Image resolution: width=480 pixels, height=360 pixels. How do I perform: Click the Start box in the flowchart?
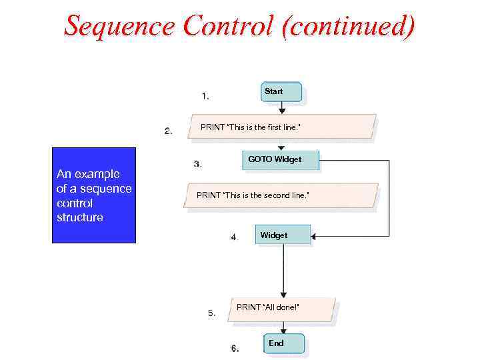coord(281,92)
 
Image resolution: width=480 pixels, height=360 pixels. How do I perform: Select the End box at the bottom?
coord(283,343)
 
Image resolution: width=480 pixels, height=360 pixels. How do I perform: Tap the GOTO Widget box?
coord(279,160)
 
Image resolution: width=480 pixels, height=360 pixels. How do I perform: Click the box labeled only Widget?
coord(283,235)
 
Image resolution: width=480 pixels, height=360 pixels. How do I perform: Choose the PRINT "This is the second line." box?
coord(281,195)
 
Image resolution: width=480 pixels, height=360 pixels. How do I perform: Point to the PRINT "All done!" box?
coord(282,308)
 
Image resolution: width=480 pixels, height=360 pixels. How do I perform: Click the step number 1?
coord(205,96)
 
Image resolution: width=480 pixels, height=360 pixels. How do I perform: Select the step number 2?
coord(169,131)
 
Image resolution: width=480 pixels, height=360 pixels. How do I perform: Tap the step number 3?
coord(198,164)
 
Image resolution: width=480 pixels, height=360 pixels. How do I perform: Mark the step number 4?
coord(235,237)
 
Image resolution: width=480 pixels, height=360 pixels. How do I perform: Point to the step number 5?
coord(211,313)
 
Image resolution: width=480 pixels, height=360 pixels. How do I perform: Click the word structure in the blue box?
coord(80,218)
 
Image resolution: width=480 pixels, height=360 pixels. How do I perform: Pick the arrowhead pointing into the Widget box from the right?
coord(315,236)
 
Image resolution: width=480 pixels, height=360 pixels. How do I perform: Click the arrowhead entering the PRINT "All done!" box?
coord(283,295)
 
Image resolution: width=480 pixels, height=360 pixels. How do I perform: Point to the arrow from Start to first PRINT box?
coord(282,107)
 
